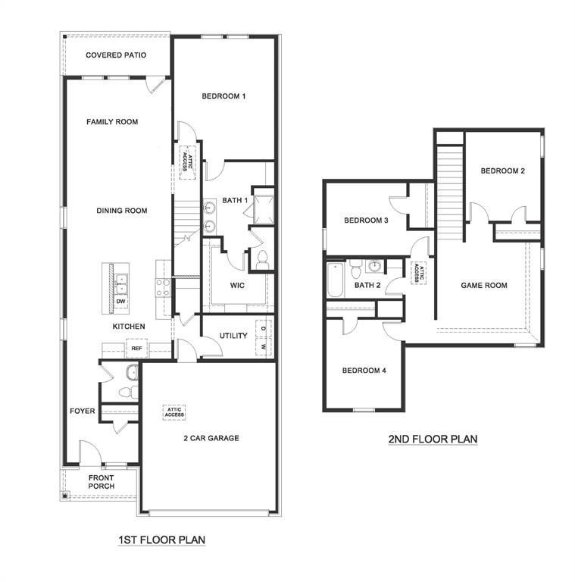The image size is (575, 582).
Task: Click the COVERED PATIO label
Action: pyautogui.click(x=116, y=55)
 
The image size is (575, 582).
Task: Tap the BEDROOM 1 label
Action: pyautogui.click(x=223, y=96)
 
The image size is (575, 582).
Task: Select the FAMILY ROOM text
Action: pyautogui.click(x=112, y=121)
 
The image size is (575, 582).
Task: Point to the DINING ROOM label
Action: pyautogui.click(x=121, y=211)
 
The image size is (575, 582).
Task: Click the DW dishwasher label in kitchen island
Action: pyautogui.click(x=120, y=302)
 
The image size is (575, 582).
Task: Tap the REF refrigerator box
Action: pyautogui.click(x=136, y=349)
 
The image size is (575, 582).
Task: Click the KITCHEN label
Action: pyautogui.click(x=129, y=327)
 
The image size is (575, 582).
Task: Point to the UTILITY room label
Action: pyautogui.click(x=233, y=336)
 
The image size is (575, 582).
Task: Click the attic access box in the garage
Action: pyautogui.click(x=173, y=412)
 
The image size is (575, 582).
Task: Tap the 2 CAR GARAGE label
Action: pyautogui.click(x=211, y=438)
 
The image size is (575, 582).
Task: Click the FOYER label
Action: pyautogui.click(x=83, y=411)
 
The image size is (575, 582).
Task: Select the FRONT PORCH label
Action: pyautogui.click(x=101, y=483)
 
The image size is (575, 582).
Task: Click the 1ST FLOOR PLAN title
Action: pyautogui.click(x=162, y=540)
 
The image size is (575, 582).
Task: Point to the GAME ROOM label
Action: pyautogui.click(x=484, y=286)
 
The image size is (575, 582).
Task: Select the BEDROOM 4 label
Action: pyautogui.click(x=364, y=371)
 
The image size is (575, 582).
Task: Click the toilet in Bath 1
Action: pyautogui.click(x=262, y=260)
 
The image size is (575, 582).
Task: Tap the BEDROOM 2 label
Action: pyautogui.click(x=503, y=171)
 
